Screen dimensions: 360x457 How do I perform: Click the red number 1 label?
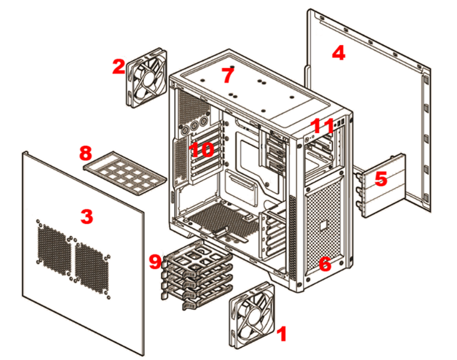point(281,334)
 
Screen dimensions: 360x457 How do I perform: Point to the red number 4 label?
point(339,53)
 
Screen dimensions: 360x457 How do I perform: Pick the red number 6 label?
point(324,264)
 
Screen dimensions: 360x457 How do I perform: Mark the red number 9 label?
point(156,261)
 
